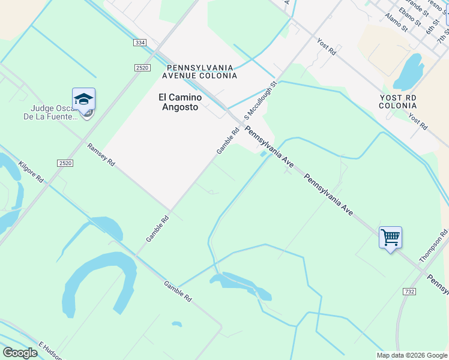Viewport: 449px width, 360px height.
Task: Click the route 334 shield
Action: point(140,43)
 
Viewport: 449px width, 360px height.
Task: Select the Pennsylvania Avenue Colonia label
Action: point(200,72)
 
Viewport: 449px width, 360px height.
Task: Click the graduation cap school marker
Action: point(84,100)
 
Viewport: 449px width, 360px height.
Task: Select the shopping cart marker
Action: point(390,238)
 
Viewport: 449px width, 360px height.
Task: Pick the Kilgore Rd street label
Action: point(31,172)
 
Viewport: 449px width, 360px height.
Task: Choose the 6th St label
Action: point(432,25)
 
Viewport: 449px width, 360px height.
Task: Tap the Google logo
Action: point(20,353)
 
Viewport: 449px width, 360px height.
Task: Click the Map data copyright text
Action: point(411,355)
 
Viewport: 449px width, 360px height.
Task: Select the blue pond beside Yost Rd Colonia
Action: point(409,71)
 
